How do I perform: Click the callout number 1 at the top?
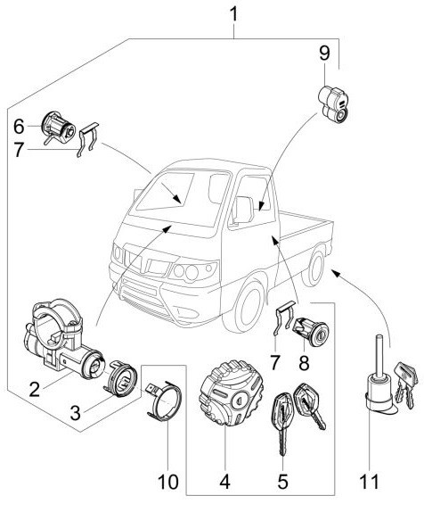click(233, 14)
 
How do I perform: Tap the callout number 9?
click(324, 53)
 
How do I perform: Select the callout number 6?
click(19, 127)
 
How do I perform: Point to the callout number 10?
click(168, 482)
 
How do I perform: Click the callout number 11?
click(370, 482)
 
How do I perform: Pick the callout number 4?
click(225, 482)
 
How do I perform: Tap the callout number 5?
click(282, 482)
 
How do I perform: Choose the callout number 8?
click(304, 363)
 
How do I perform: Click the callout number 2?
click(34, 389)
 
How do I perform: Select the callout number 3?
click(75, 413)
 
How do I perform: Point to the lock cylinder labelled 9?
click(332, 103)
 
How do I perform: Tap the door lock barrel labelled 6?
click(59, 128)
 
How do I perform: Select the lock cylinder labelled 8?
click(312, 331)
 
